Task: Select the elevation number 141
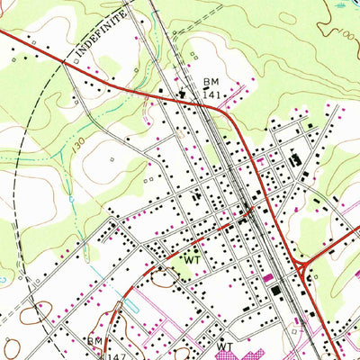point(211,93)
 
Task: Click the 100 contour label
point(345,36)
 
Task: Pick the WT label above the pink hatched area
point(224,346)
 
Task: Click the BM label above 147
point(94,341)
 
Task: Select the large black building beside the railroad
point(274,290)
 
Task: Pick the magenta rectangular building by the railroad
point(267,275)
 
